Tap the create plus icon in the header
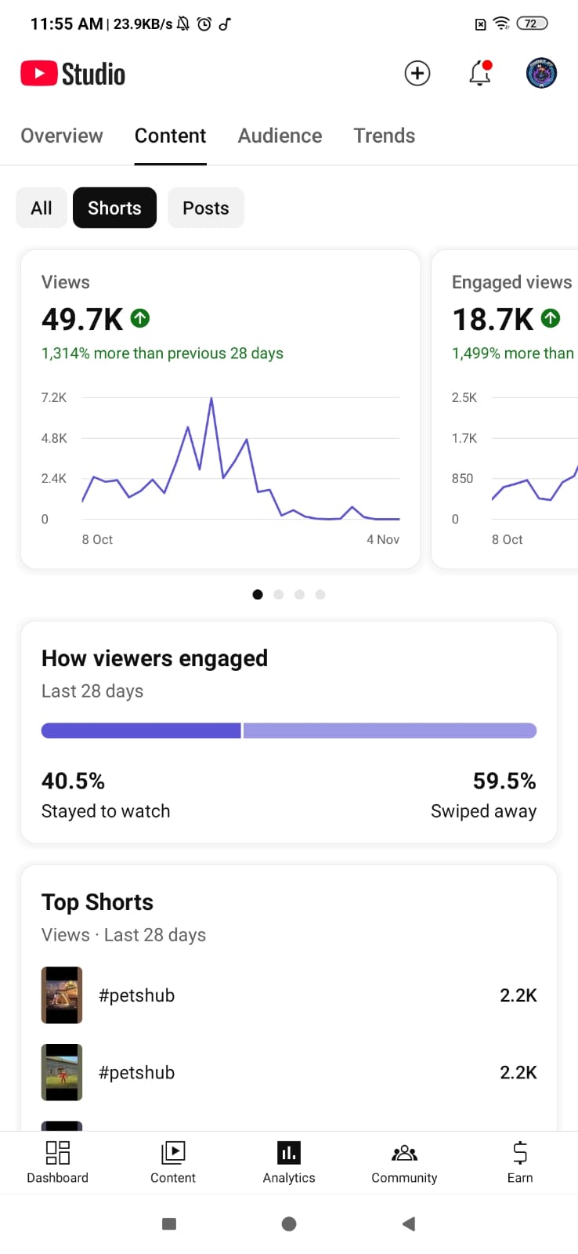point(417,74)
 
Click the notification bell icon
point(479,74)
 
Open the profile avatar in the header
point(541,74)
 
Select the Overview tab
point(62,136)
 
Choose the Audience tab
point(280,136)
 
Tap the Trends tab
point(384,136)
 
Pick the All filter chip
point(42,208)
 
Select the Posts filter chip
point(206,208)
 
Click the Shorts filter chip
point(114,208)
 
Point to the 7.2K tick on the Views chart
point(54,397)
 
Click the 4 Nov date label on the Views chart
point(383,539)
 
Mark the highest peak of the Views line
point(211,399)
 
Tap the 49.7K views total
point(82,319)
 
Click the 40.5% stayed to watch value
point(73,781)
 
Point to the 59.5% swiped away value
point(504,781)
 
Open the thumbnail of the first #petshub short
point(62,995)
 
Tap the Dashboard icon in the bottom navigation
point(58,1152)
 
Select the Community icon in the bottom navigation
point(404,1152)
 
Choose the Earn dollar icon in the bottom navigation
point(520,1152)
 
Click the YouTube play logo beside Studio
point(38,74)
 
